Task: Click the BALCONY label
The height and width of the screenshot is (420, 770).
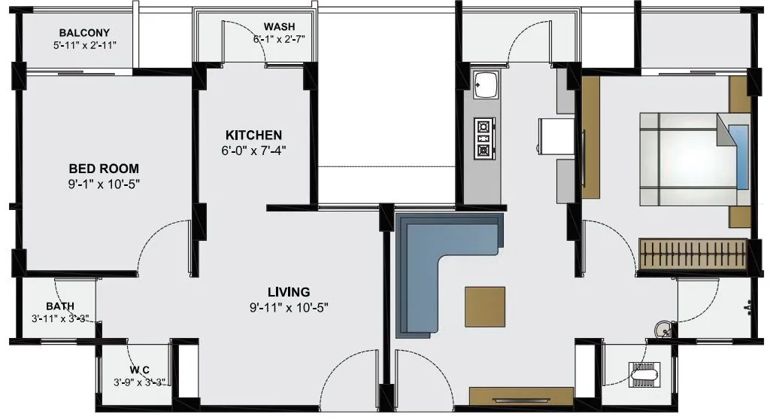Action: coord(84,32)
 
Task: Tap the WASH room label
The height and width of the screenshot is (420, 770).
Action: coord(278,26)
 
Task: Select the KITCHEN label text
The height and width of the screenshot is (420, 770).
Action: coord(253,135)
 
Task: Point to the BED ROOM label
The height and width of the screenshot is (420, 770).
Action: coord(104,169)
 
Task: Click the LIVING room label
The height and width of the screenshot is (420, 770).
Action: coord(290,291)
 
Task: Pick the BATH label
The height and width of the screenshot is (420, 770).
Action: coord(60,306)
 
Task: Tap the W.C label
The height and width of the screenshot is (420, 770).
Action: coord(139,370)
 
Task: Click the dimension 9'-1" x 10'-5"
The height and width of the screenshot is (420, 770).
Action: coord(104,183)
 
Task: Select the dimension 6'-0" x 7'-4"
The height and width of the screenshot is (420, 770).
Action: coord(253,150)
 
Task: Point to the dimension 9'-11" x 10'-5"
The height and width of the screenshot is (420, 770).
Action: coord(290,306)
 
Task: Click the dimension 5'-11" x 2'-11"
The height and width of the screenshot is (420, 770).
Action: coord(84,45)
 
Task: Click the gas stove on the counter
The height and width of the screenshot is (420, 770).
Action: coord(483,139)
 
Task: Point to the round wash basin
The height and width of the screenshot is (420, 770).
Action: coord(662,328)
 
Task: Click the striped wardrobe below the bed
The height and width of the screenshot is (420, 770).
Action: coord(692,254)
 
